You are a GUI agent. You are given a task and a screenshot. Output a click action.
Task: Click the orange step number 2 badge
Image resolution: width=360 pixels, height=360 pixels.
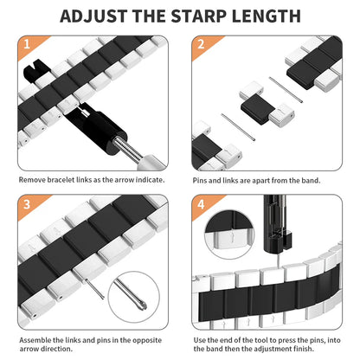(201, 44)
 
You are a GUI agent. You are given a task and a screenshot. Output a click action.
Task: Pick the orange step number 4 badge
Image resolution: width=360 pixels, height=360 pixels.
(201, 204)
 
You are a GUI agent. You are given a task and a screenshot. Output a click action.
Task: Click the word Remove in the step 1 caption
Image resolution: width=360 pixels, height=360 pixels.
(32, 180)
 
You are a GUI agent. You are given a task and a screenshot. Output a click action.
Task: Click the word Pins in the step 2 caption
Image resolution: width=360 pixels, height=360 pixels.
(201, 180)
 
